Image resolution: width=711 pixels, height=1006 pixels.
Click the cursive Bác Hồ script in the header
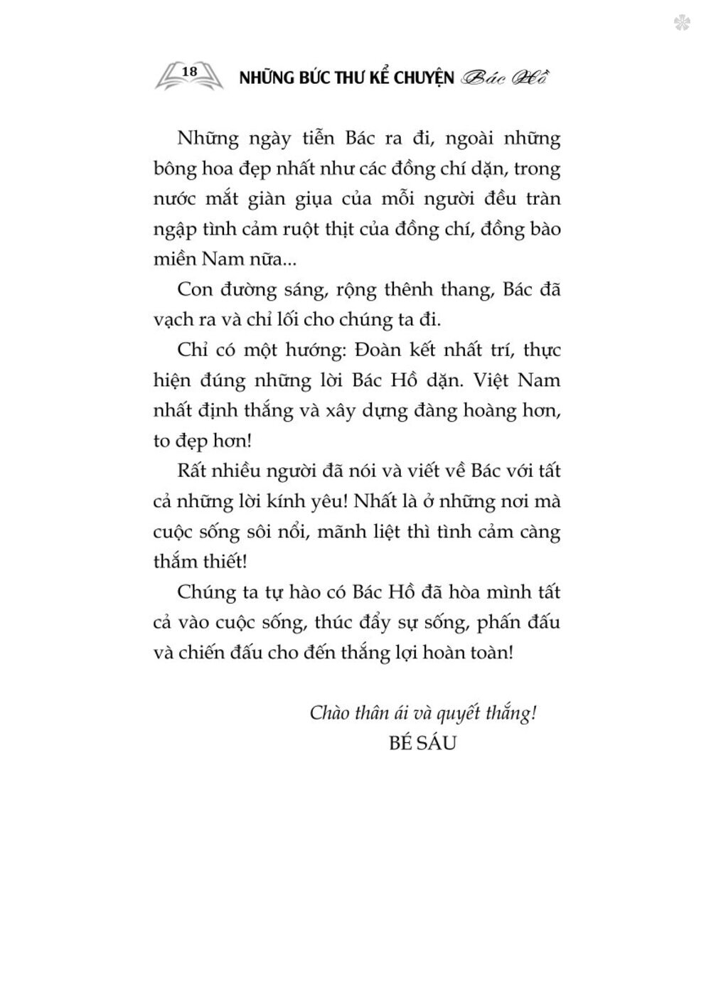(506, 77)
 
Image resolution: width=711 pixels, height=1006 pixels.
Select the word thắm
(175, 562)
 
